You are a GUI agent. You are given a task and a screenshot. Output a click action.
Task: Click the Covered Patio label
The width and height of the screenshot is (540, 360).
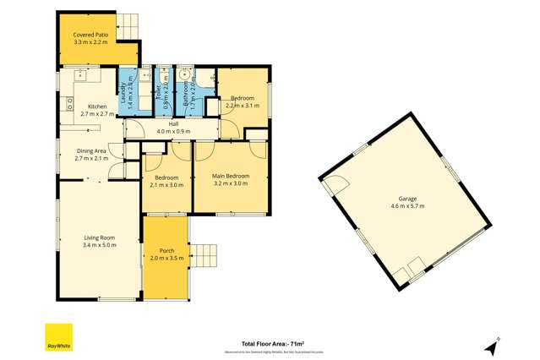coord(90,35)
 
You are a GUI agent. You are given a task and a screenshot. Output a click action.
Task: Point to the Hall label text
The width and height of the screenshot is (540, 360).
coord(173,124)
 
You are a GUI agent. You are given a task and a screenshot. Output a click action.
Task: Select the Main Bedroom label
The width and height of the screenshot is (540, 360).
coord(231,176)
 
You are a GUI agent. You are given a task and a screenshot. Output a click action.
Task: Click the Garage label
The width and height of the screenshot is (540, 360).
coord(403,199)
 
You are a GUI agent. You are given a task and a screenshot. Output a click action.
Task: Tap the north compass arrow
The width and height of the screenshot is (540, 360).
coord(491,346)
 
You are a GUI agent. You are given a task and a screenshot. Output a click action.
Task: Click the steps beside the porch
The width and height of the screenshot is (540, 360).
coord(207,254)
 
